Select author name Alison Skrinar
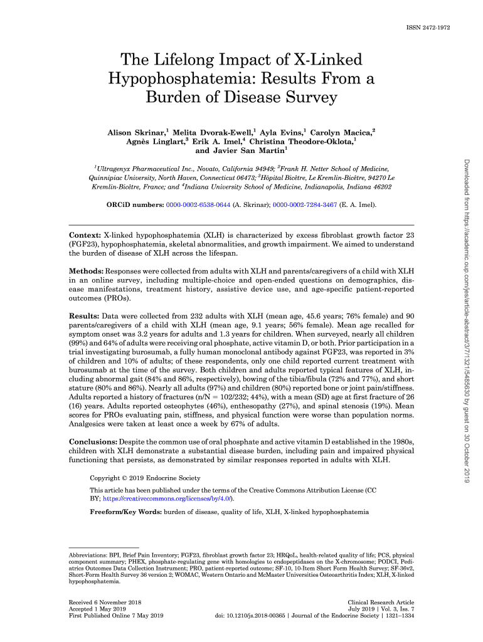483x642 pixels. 135,133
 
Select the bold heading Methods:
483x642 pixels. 86,271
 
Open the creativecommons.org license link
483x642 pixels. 166,498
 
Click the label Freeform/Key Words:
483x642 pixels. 126,513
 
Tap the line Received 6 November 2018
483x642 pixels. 105,602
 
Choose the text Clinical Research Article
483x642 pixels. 380,602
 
